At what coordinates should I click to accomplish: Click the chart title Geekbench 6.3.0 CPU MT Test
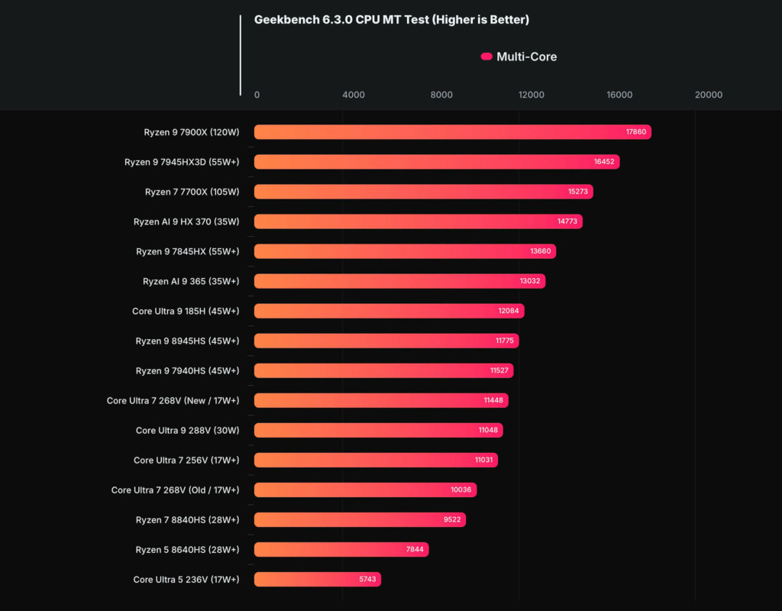[391, 20]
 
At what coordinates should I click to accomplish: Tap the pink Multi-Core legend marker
[486, 57]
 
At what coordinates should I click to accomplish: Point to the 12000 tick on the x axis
[531, 95]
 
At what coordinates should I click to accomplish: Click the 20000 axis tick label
[708, 95]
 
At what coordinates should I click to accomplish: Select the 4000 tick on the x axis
[354, 95]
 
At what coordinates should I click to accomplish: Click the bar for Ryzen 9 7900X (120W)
[452, 132]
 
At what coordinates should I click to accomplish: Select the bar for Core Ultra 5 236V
[317, 580]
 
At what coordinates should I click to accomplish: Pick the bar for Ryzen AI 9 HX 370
[418, 221]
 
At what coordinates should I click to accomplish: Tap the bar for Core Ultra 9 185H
[389, 311]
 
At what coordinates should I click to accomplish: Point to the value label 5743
[368, 580]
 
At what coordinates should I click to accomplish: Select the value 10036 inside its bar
[461, 490]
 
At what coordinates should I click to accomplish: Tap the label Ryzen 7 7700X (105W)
[192, 192]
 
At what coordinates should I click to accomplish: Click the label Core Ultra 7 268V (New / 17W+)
[173, 400]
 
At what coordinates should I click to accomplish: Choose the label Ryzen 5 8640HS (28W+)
[187, 550]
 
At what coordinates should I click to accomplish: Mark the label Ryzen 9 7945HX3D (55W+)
[182, 162]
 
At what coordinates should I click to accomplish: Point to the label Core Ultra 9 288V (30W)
[187, 431]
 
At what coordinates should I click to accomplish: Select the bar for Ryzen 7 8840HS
[360, 520]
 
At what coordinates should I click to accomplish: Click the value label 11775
[504, 341]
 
